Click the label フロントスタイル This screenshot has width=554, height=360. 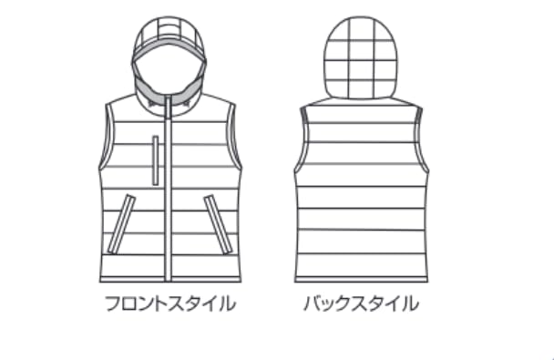170,303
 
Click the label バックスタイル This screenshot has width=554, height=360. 361,303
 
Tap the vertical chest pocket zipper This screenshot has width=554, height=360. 156,160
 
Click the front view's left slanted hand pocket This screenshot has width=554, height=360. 121,224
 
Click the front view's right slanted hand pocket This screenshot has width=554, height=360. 218,224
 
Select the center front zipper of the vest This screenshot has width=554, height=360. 169,189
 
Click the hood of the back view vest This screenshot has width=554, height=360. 361,57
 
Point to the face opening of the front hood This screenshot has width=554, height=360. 169,74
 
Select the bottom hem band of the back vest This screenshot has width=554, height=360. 361,280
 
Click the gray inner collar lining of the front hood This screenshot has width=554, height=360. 169,87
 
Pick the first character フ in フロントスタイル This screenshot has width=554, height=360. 113,303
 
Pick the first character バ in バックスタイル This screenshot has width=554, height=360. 313,303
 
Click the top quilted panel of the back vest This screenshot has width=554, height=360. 361,114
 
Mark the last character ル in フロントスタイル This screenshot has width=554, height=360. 228,303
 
